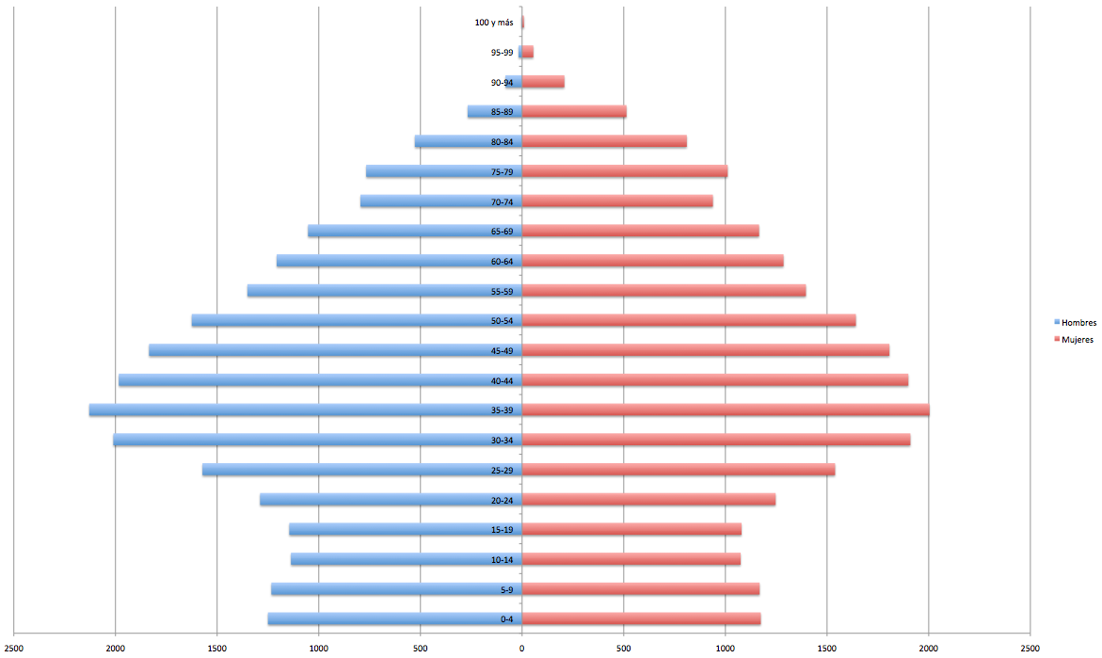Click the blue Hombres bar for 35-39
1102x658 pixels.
coord(305,410)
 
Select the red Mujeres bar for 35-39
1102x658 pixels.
coord(726,410)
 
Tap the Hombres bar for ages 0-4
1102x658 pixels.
coord(395,619)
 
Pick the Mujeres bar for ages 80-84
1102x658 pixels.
coord(604,141)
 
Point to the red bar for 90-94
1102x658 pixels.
coord(543,82)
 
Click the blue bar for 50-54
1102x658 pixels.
coord(357,321)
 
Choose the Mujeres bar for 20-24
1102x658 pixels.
coord(648,500)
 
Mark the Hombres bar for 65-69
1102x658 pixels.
coord(415,232)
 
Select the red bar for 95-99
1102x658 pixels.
coord(528,52)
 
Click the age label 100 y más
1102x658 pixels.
coord(494,23)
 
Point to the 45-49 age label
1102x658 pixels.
coord(502,351)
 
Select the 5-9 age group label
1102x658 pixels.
coord(506,590)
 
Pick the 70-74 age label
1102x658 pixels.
coord(502,201)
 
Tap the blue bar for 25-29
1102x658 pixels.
coord(362,470)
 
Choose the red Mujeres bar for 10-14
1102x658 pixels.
coord(631,559)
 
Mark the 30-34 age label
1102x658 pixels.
coord(502,441)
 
